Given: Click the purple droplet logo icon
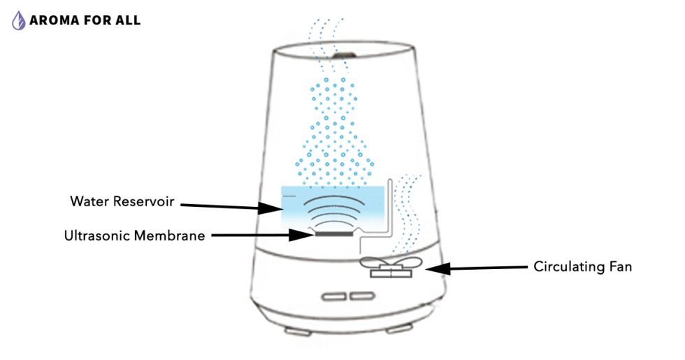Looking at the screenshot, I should point(19,20).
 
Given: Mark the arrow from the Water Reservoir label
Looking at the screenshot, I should point(227,206).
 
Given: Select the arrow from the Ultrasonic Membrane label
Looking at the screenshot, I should point(260,236).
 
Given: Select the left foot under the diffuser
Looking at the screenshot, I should point(294,327).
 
